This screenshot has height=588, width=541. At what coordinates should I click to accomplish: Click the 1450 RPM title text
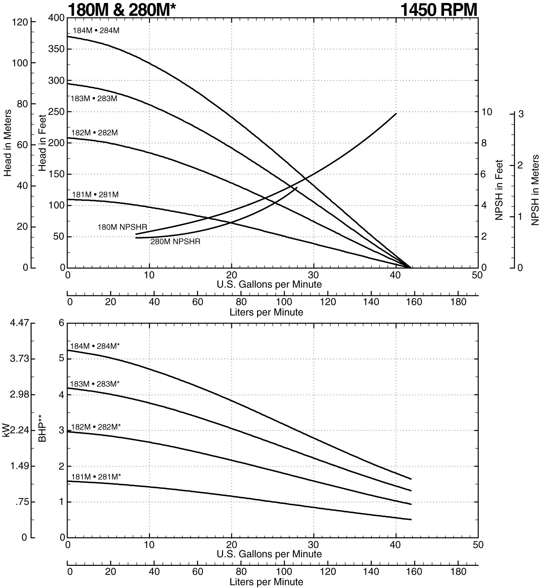(x=439, y=9)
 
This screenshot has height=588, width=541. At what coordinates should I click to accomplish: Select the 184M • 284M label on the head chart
(x=96, y=30)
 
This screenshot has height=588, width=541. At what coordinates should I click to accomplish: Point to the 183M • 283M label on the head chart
(x=94, y=98)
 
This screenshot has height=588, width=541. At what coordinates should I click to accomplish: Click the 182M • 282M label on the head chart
(x=95, y=132)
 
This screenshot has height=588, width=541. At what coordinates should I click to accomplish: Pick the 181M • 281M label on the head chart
(x=95, y=195)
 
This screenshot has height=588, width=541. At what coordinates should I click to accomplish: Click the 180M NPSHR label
(x=122, y=227)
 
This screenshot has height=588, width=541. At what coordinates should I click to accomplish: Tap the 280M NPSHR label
(x=175, y=242)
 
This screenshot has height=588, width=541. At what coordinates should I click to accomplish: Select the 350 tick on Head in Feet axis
(x=56, y=49)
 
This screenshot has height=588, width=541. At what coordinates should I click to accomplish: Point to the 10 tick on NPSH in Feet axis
(x=488, y=112)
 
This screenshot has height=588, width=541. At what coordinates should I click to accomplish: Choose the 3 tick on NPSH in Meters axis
(x=521, y=114)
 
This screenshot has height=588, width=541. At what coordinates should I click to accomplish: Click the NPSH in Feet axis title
(x=499, y=190)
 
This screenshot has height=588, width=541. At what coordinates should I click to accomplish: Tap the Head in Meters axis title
(x=8, y=143)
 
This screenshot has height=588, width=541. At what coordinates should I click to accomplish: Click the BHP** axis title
(x=42, y=429)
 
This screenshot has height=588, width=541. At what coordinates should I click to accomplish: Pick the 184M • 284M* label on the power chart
(x=95, y=346)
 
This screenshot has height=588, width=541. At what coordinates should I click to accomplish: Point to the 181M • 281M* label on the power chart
(x=96, y=477)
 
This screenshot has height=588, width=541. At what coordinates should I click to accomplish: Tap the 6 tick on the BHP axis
(x=61, y=323)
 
